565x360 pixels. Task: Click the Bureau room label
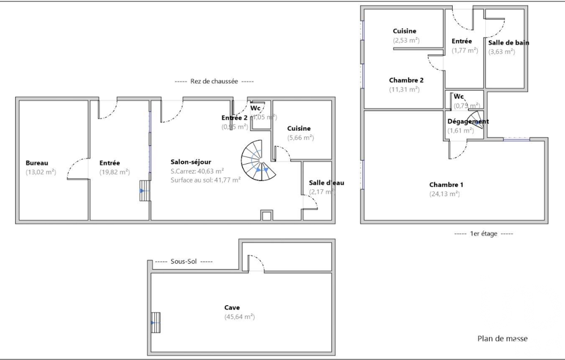pyautogui.click(x=37, y=163)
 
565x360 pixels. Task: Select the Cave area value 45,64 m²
pyautogui.click(x=239, y=317)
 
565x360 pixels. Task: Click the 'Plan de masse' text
pyautogui.click(x=502, y=339)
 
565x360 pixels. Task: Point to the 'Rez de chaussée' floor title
pyautogui.click(x=214, y=81)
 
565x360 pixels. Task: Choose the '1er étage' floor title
pyautogui.click(x=483, y=233)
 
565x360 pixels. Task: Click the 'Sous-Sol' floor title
pyautogui.click(x=184, y=262)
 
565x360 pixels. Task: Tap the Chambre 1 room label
pyautogui.click(x=446, y=185)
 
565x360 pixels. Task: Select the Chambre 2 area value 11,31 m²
pyautogui.click(x=404, y=89)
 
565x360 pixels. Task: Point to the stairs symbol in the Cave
pyautogui.click(x=156, y=323)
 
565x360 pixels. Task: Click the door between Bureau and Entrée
pyautogui.click(x=78, y=170)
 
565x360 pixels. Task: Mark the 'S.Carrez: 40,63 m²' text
pyautogui.click(x=197, y=171)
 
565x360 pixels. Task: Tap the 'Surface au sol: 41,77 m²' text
pyautogui.click(x=205, y=180)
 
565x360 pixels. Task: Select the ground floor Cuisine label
pyautogui.click(x=298, y=128)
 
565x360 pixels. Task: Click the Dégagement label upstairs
pyautogui.click(x=468, y=122)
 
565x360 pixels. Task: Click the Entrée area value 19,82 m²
pyautogui.click(x=114, y=172)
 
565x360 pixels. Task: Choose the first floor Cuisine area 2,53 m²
pyautogui.click(x=406, y=41)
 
